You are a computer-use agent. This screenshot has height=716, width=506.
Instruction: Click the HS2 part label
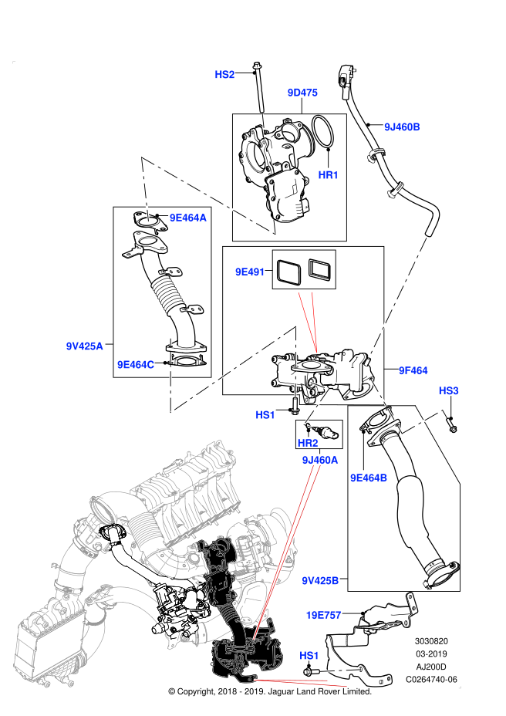224,74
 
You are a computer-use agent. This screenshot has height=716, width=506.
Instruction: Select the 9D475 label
302,93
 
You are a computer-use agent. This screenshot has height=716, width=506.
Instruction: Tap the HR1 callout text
328,175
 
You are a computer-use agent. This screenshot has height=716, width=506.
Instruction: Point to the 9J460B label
402,127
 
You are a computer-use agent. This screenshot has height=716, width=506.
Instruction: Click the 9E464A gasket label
188,218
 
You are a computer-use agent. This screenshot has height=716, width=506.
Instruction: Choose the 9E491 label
250,272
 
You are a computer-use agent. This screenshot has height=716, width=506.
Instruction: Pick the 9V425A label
85,346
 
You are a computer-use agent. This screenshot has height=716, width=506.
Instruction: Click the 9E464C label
136,364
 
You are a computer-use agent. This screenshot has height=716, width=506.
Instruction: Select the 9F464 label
413,370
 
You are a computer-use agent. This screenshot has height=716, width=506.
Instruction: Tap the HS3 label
448,391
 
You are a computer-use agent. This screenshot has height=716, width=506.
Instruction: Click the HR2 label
308,443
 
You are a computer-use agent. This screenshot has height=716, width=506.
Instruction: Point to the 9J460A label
320,461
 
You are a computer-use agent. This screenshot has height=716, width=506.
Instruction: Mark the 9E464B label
369,478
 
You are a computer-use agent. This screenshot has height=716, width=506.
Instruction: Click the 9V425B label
320,580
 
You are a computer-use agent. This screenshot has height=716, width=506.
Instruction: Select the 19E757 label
323,615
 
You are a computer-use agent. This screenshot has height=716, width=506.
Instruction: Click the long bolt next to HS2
260,88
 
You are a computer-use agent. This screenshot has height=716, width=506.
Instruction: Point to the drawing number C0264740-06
431,679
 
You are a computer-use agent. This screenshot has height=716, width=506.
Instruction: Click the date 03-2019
431,654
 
